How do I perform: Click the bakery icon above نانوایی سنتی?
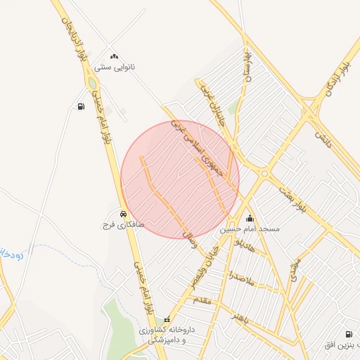[115, 56]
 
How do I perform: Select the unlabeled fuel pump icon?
[81, 107]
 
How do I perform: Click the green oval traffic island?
[92, 84]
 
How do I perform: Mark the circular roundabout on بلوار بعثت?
[264, 172]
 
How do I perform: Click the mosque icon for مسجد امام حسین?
[250, 219]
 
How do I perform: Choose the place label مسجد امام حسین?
[250, 229]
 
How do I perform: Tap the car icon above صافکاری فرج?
[123, 214]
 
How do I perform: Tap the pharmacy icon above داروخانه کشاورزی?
[167, 320]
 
